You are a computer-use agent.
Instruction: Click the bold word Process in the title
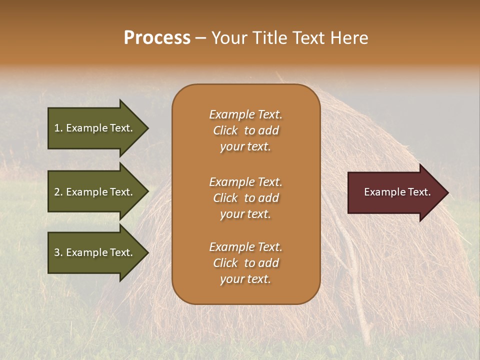click(157, 38)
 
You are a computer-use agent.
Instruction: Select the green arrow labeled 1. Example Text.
click(95, 128)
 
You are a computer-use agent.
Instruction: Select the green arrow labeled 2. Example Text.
click(95, 192)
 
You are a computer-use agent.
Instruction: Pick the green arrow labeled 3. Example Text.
click(95, 252)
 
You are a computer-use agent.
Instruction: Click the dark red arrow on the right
click(395, 192)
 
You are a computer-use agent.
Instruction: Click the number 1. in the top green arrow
click(58, 128)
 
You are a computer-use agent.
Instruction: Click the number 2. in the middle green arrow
click(58, 192)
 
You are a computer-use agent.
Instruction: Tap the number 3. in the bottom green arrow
click(58, 252)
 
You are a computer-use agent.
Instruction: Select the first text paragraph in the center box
click(245, 130)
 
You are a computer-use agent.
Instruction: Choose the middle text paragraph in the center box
click(245, 198)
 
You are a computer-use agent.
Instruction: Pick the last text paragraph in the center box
click(245, 263)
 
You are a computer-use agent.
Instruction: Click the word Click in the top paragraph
click(225, 130)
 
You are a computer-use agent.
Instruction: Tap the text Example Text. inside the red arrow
click(397, 192)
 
